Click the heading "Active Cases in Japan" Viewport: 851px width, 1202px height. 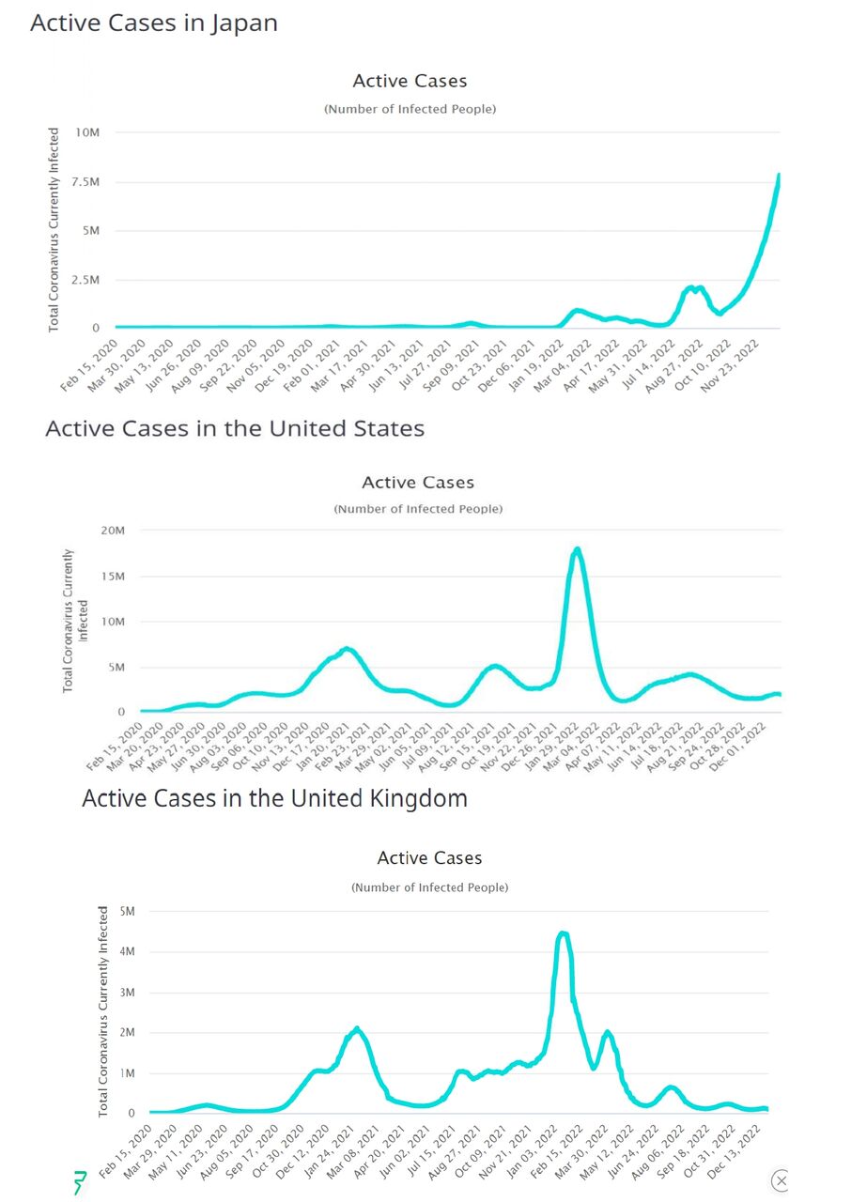pos(154,23)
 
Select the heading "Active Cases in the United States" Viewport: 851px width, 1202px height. pos(235,429)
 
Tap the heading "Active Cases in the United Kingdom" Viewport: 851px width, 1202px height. pos(274,799)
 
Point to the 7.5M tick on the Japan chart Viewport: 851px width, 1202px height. pos(85,181)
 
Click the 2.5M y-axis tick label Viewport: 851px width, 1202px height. pos(85,280)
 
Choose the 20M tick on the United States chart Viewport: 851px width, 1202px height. pos(113,531)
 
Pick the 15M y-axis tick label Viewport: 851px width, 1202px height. pos(113,576)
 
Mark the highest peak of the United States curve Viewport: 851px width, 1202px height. pos(577,548)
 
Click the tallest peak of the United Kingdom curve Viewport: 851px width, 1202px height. pos(563,933)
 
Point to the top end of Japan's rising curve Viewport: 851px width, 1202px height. pos(779,176)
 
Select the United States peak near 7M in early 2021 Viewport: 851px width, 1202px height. pos(347,649)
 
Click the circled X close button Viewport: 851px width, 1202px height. pos(780,1180)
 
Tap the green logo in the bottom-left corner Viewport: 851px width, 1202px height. pos(80,1182)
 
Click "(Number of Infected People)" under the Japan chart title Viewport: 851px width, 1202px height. pos(410,109)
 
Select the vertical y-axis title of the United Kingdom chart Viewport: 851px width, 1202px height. pos(103,1011)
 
